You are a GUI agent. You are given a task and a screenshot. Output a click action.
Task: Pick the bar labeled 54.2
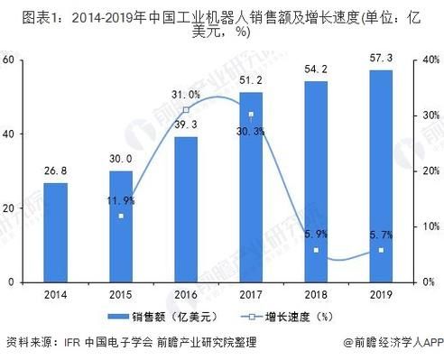[316, 181]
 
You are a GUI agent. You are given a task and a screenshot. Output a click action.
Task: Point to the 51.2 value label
[251, 82]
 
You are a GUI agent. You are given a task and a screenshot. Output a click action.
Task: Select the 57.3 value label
[381, 60]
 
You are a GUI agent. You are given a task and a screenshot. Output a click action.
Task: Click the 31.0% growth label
[186, 95]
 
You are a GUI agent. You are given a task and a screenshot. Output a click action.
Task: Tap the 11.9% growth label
[119, 200]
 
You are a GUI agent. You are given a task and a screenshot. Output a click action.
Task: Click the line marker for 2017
[251, 115]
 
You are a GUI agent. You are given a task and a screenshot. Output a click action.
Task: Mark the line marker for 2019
[381, 250]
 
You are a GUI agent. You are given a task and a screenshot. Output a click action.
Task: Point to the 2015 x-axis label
[121, 294]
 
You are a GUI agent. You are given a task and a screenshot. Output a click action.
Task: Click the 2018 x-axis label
[316, 294]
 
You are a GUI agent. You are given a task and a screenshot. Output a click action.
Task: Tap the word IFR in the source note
[73, 343]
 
